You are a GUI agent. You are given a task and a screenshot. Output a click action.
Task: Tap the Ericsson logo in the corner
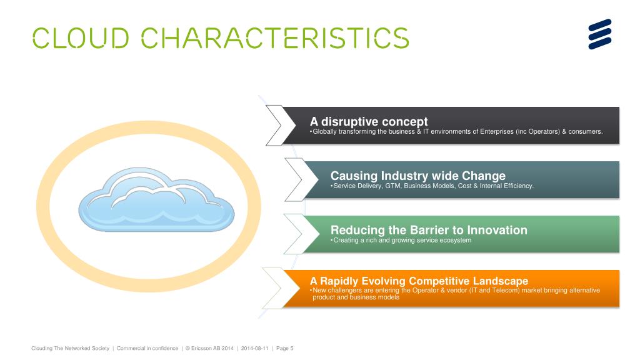599,34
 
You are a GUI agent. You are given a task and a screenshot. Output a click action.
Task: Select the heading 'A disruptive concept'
369,121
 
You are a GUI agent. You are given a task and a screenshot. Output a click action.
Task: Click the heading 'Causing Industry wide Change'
417,176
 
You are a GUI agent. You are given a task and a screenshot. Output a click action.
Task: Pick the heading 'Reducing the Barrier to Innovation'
429,230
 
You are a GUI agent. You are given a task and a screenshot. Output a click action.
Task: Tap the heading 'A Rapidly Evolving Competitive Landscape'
419,281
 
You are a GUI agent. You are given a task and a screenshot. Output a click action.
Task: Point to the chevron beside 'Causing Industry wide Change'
299,180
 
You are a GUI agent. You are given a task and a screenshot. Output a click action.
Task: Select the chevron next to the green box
298,234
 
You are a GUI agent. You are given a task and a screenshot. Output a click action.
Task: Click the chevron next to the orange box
279,288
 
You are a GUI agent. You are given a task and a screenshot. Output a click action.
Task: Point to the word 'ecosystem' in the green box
455,241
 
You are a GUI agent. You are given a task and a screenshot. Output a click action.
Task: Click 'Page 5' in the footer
285,348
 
